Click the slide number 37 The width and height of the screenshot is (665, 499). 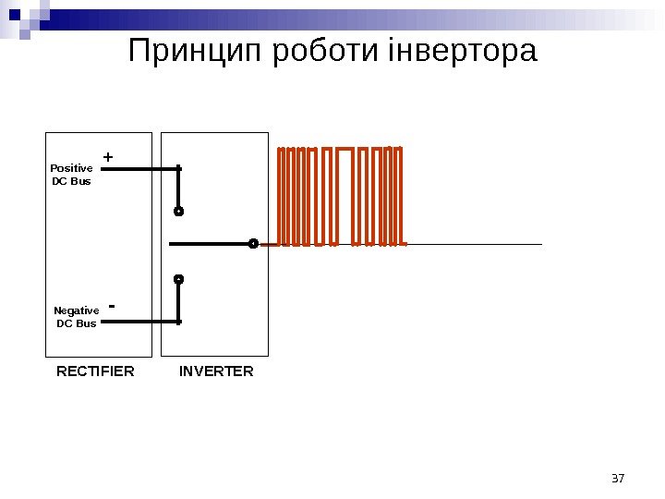pyautogui.click(x=619, y=478)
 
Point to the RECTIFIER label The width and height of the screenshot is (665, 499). pyautogui.click(x=95, y=371)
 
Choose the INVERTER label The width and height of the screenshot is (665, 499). pyautogui.click(x=216, y=371)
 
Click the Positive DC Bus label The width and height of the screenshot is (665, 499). pyautogui.click(x=71, y=175)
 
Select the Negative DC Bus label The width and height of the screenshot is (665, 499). pyautogui.click(x=77, y=317)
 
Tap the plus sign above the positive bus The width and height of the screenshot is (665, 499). pyautogui.click(x=108, y=158)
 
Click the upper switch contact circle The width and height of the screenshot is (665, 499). pyautogui.click(x=179, y=211)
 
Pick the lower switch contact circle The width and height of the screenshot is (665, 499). pyautogui.click(x=179, y=278)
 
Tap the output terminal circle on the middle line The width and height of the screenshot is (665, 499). pyautogui.click(x=253, y=244)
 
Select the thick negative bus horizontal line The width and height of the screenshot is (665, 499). pyautogui.click(x=139, y=322)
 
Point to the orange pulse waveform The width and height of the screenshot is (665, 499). pyautogui.click(x=340, y=196)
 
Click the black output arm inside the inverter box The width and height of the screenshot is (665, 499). pyautogui.click(x=211, y=244)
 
